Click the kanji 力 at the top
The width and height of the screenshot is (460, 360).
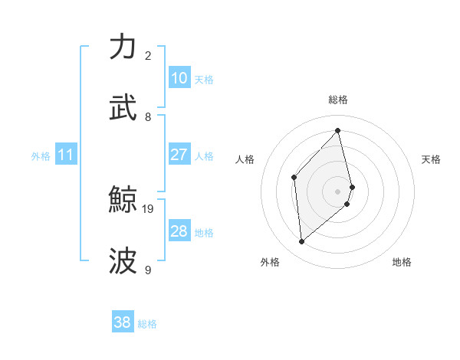tap(123, 47)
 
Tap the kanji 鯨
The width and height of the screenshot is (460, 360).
tap(123, 201)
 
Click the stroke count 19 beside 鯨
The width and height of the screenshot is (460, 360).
tap(149, 208)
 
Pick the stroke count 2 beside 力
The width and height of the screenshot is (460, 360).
tap(148, 55)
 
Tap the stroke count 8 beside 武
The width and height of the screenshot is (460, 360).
tap(148, 116)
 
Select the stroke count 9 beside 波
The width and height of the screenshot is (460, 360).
tap(148, 270)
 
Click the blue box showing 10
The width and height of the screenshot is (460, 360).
tap(179, 78)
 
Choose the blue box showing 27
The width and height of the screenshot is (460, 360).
tap(179, 155)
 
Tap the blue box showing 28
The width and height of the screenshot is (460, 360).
tap(179, 231)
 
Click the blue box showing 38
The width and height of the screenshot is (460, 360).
tap(122, 322)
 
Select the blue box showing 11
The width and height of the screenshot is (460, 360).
tap(65, 155)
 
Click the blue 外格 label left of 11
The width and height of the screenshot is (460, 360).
tap(41, 156)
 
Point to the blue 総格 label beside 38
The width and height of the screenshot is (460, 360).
tap(147, 324)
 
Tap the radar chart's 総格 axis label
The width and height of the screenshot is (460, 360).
tap(338, 100)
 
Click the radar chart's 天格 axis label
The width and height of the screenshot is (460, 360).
tap(431, 159)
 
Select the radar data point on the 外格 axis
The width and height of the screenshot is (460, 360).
tap(301, 242)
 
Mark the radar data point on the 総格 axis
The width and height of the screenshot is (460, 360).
tap(338, 130)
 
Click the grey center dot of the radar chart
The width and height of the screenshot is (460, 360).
tap(338, 191)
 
